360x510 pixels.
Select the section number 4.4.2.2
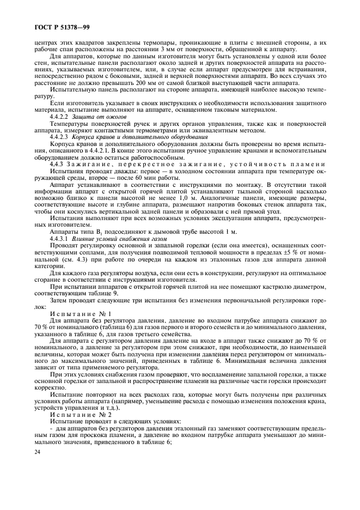[x=59, y=117]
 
